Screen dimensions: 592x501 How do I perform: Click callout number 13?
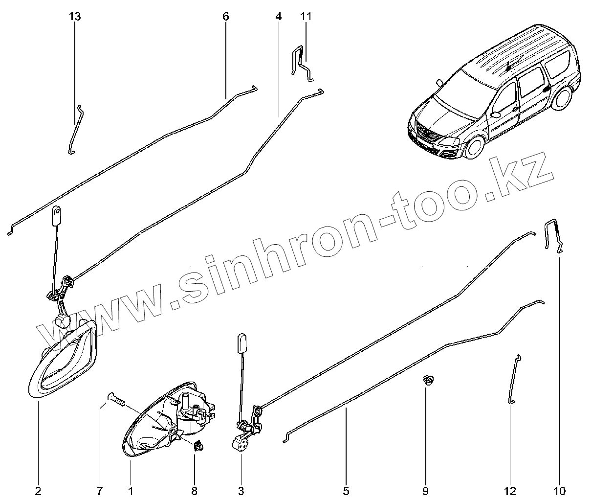pos(74,16)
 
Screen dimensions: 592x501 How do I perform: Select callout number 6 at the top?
pos(225,16)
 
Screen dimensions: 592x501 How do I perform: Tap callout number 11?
pos(306,16)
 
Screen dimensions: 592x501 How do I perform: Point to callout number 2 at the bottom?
pos(38,490)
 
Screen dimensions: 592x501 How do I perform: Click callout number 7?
pos(100,490)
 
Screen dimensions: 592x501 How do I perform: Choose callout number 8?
pos(195,490)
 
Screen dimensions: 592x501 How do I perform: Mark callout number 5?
pos(346,490)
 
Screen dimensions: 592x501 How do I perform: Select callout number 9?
pos(425,490)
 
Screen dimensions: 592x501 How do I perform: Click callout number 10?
pos(560,490)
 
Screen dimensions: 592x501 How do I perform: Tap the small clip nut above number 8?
pos(198,445)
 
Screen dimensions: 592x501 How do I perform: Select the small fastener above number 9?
pos(429,380)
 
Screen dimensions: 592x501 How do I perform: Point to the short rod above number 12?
pos(514,379)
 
